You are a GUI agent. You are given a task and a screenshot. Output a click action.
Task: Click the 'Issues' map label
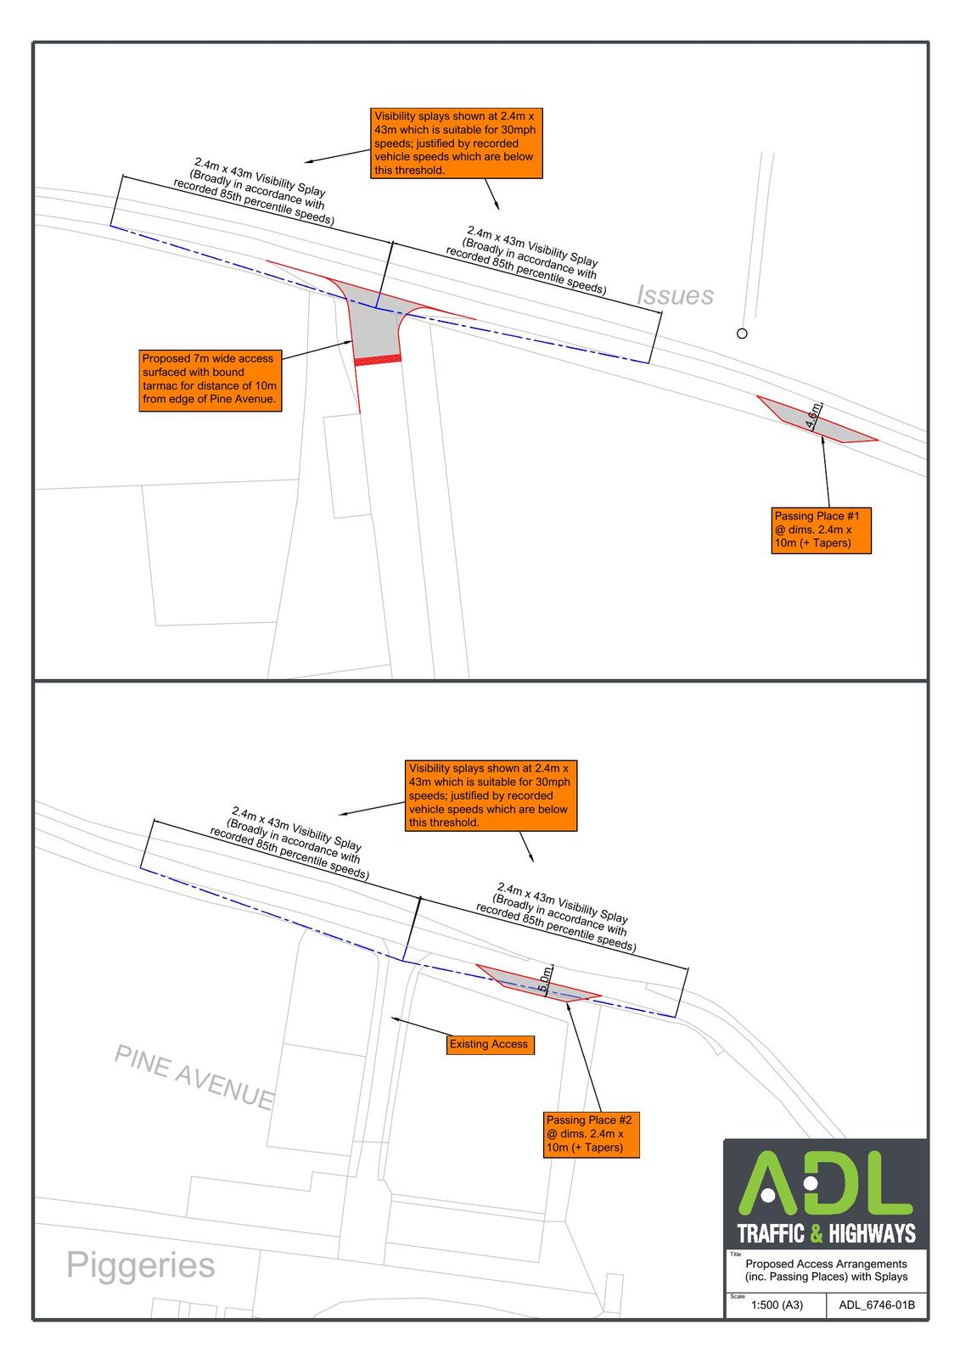[674, 295]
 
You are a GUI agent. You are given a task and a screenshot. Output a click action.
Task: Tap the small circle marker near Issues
[741, 333]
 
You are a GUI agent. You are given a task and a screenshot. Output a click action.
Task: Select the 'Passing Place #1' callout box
[821, 530]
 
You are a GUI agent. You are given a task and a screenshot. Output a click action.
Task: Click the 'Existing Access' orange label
[490, 1044]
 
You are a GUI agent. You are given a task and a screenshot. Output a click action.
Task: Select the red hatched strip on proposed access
[377, 360]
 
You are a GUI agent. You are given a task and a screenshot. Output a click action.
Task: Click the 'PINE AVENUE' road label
[194, 1075]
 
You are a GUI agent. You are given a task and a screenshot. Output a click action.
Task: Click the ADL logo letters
[825, 1185]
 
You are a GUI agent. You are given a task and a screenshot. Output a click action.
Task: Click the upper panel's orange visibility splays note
[456, 143]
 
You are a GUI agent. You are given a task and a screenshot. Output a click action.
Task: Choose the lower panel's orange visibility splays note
[491, 795]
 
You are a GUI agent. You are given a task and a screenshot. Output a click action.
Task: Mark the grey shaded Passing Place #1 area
[816, 419]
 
